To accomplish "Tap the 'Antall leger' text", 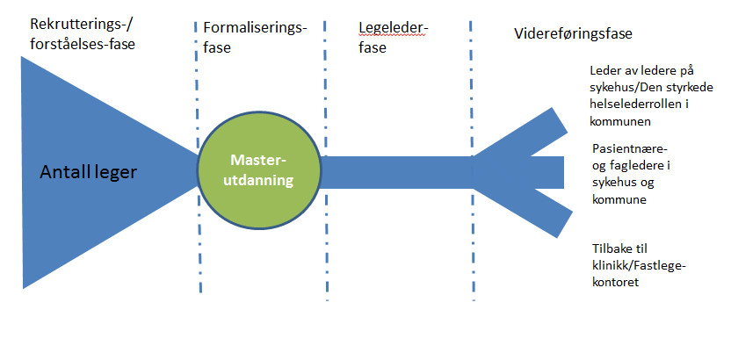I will pos(89,172).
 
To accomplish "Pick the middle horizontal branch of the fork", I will pos(536,171).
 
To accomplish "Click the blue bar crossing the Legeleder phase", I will pos(395,171).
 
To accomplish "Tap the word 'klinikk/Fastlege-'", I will pos(636,265).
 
